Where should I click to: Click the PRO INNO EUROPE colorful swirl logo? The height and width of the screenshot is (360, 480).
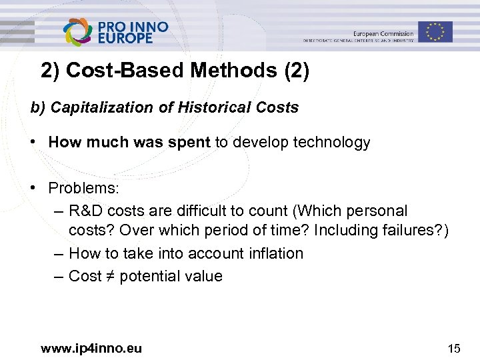[78, 31]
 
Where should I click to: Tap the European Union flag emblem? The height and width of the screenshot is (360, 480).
[435, 31]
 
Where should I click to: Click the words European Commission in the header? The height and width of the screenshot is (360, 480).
[383, 33]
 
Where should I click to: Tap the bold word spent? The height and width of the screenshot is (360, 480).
[192, 142]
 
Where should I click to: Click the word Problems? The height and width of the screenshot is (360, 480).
[83, 188]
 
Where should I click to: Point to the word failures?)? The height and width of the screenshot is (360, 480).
[417, 231]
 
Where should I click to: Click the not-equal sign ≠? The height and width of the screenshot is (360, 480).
[110, 276]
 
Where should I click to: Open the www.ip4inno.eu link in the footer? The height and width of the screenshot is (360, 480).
[91, 347]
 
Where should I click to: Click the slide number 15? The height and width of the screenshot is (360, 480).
[454, 347]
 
